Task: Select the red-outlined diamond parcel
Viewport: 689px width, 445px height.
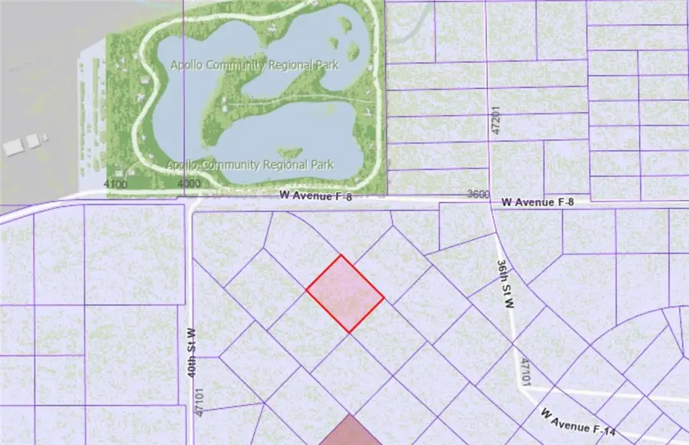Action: click(345, 294)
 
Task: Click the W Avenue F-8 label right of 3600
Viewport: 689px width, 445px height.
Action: click(537, 202)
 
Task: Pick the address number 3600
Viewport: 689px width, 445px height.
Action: click(478, 195)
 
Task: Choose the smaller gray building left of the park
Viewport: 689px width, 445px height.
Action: click(34, 141)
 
